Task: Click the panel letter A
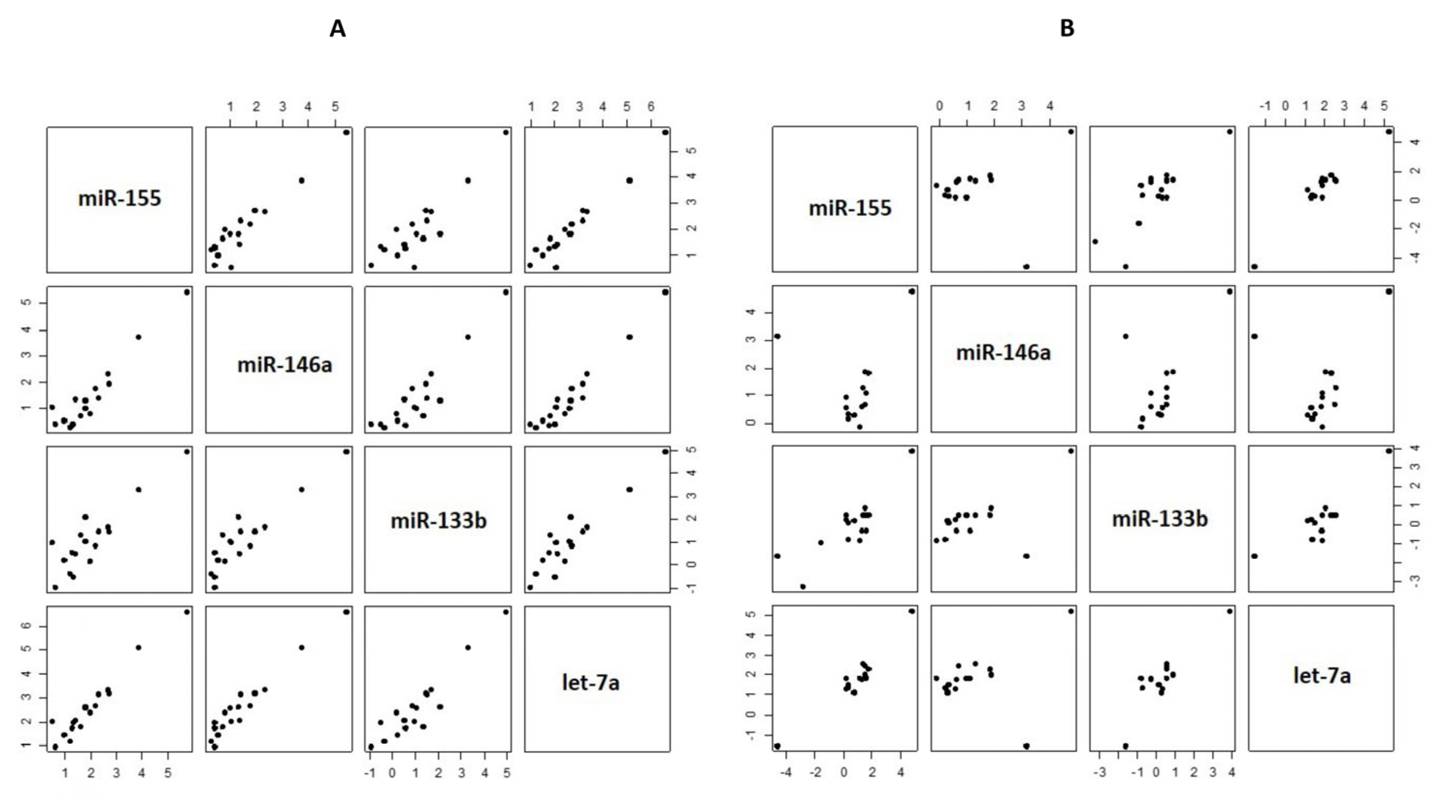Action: (x=338, y=29)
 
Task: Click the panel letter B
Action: (x=1066, y=29)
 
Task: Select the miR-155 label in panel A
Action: (x=120, y=198)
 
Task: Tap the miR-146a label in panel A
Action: (x=285, y=365)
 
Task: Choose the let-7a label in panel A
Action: (x=591, y=682)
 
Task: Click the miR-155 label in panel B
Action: (x=850, y=208)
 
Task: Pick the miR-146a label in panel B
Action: (x=1003, y=352)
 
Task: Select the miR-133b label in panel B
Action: (x=1160, y=519)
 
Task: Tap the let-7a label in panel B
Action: (x=1322, y=675)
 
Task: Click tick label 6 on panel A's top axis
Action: (x=651, y=106)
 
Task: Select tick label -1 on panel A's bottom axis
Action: (x=370, y=772)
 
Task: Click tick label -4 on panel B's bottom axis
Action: (x=786, y=772)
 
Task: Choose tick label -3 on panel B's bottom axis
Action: (x=1099, y=772)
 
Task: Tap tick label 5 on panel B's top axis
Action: (x=1385, y=106)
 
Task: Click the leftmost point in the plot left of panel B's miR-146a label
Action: (x=778, y=336)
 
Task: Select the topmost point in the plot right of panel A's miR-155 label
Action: (x=346, y=132)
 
